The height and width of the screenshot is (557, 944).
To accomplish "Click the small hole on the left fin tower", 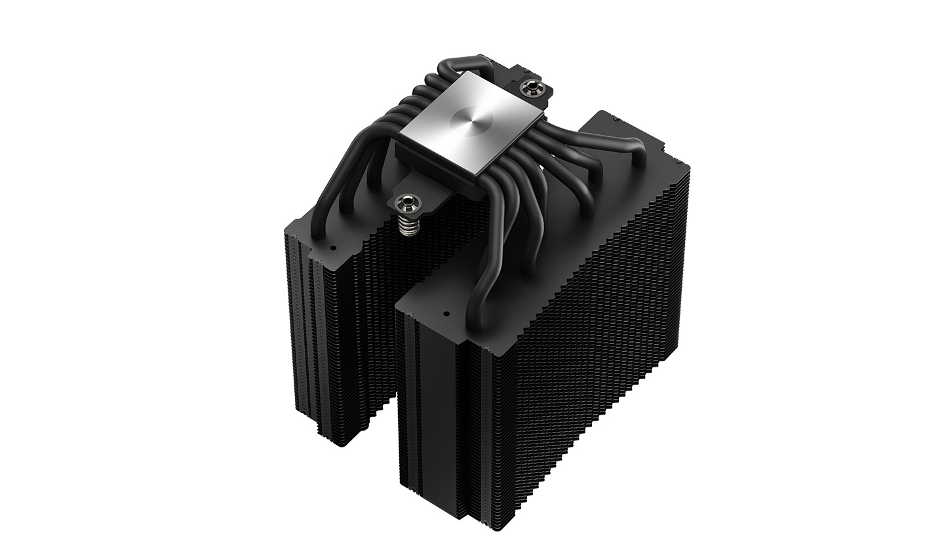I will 332,249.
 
